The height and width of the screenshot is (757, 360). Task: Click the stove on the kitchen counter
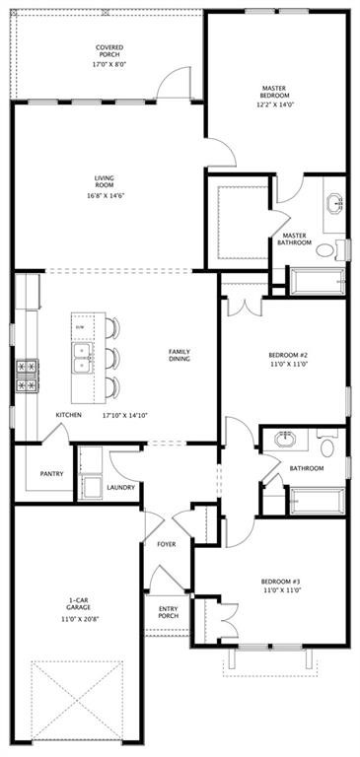[x=24, y=376]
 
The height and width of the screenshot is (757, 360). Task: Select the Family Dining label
[x=180, y=355]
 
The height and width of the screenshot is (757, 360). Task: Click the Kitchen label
[x=68, y=415]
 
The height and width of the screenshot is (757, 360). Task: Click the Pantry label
[x=51, y=473]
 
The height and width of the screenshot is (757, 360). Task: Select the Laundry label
[x=120, y=487]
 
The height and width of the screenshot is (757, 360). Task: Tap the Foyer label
[x=167, y=544]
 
